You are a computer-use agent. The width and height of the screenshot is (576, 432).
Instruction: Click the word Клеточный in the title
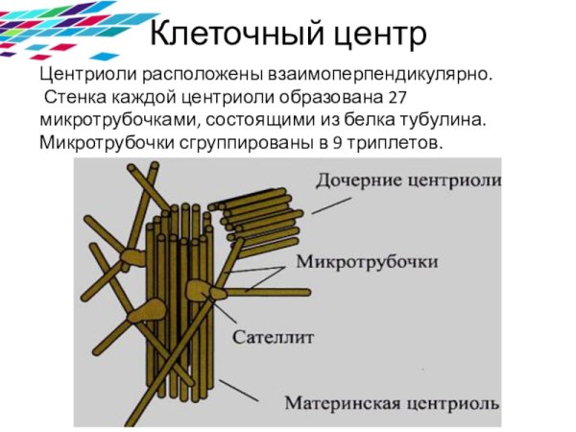click(x=227, y=35)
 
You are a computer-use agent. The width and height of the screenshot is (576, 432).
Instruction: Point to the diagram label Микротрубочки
click(x=368, y=261)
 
